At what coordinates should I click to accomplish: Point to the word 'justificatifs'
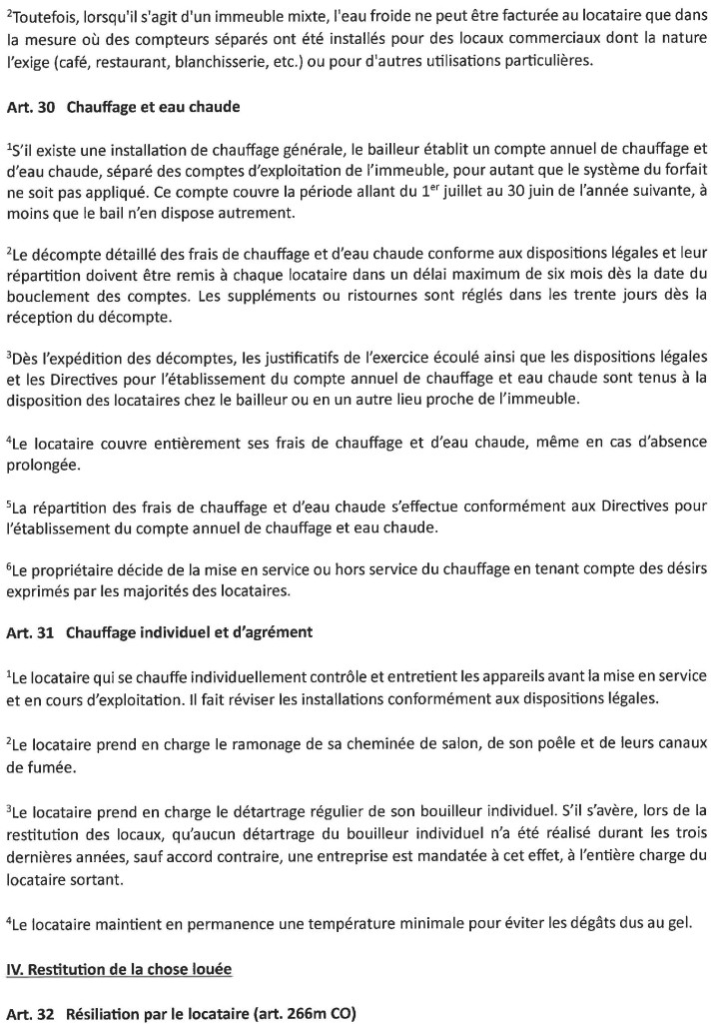(261, 358)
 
